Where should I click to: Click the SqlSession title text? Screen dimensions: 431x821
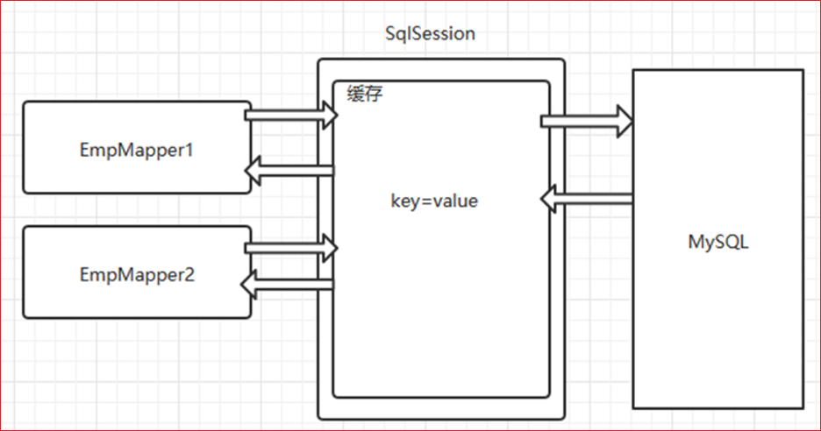pyautogui.click(x=431, y=34)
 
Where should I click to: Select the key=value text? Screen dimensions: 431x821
pyautogui.click(x=433, y=201)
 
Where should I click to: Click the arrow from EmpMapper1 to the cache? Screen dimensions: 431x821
pyautogui.click(x=289, y=115)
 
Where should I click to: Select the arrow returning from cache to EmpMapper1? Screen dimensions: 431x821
pyautogui.click(x=289, y=170)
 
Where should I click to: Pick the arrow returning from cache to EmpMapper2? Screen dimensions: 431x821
pyautogui.click(x=289, y=282)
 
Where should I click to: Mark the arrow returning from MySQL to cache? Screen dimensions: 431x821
pyautogui.click(x=586, y=199)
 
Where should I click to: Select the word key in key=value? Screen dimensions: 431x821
pyautogui.click(x=403, y=201)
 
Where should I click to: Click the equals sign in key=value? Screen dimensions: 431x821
pyautogui.click(x=424, y=201)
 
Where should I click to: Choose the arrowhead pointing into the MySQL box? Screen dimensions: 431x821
pyautogui.click(x=624, y=121)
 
